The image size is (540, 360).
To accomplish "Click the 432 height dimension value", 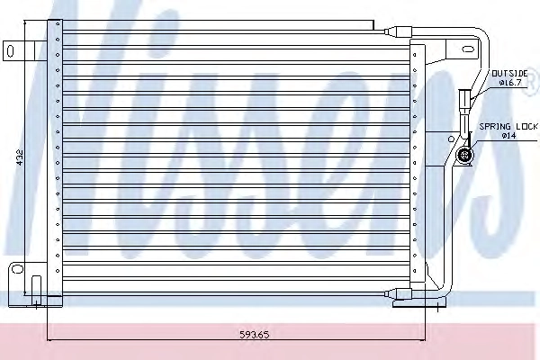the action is (20, 157).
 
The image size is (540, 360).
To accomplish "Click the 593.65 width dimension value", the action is (255, 335).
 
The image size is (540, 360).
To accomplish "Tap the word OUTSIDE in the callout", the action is (509, 74).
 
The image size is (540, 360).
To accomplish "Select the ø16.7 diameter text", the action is (510, 83).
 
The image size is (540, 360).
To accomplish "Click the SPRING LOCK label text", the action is (508, 126).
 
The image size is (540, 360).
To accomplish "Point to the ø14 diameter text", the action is (508, 136).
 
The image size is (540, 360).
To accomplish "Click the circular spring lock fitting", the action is (464, 154).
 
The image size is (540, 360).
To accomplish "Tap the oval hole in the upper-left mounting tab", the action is (10, 51).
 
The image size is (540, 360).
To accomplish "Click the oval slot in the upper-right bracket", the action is (468, 49).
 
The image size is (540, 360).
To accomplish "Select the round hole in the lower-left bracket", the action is (17, 268).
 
